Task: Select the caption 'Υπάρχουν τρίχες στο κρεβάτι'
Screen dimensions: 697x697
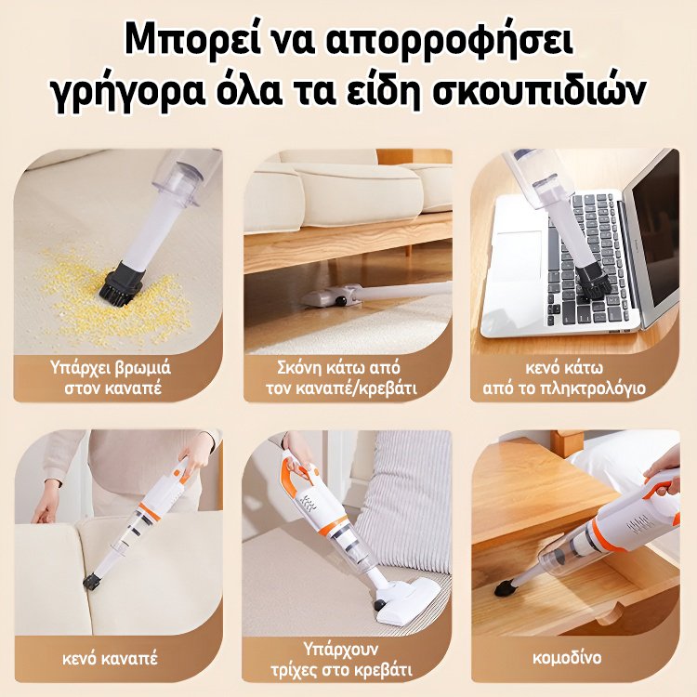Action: pos(348,657)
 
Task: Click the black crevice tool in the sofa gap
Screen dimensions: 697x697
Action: pos(91,583)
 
